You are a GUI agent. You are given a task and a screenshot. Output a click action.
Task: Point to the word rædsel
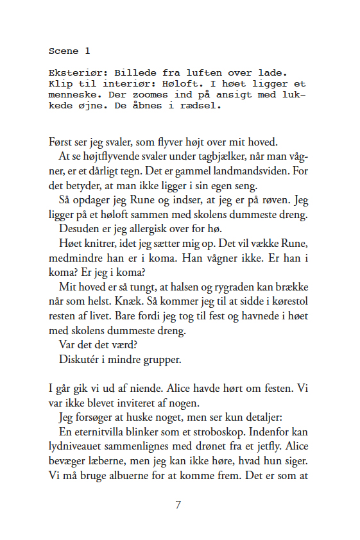coord(203,106)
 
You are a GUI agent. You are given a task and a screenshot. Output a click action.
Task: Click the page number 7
coord(179,505)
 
